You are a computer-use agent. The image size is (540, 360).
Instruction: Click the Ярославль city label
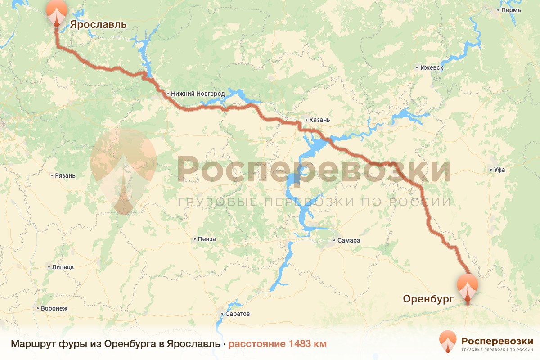coord(98,25)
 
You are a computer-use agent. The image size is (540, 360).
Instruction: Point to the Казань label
coord(320,120)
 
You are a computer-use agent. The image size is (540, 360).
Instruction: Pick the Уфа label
coord(499,170)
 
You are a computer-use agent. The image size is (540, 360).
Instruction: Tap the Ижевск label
coord(432,68)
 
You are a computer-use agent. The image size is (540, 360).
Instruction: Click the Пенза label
coord(207,239)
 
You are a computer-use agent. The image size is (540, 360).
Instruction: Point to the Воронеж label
coord(54,309)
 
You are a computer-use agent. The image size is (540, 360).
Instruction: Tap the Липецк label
coord(63,267)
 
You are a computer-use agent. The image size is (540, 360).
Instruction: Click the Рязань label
coord(65,175)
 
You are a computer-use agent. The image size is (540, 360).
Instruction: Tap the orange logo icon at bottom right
coord(448,342)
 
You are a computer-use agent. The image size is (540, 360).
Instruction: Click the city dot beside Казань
coord(306,120)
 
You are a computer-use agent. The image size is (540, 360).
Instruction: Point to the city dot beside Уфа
coord(490,170)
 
